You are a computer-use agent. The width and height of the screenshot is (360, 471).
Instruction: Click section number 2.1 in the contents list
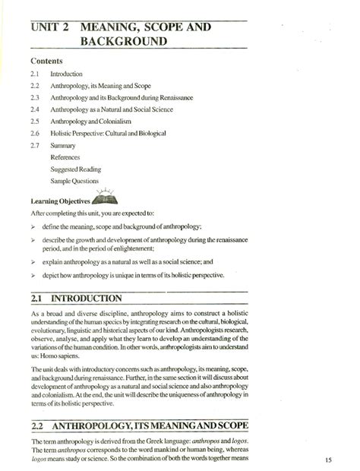[36, 74]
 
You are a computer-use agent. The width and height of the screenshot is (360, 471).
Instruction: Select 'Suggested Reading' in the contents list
[75, 169]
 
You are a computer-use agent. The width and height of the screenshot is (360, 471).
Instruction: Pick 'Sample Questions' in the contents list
[74, 181]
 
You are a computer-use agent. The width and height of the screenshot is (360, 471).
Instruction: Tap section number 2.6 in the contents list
[36, 133]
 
